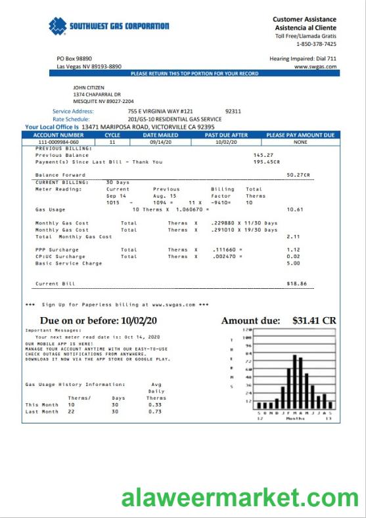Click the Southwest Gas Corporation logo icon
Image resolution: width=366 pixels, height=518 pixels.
pos(58,26)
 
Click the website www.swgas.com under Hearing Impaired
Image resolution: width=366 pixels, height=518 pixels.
pos(315,66)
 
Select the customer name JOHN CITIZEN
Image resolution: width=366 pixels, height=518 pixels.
pos(88,87)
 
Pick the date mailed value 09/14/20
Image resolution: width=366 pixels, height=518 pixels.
pos(160,142)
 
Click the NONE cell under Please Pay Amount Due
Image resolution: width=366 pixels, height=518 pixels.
pos(300,142)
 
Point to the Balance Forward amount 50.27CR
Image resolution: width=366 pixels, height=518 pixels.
pos(298,175)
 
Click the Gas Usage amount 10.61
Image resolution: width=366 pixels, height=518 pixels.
pos(294,209)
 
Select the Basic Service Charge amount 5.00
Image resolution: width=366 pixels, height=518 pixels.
pos(293,263)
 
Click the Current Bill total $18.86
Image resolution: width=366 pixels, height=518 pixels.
pos(296,284)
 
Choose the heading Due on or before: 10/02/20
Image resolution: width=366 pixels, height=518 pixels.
pos(99,320)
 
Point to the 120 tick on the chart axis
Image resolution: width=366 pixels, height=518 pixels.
pos(247,330)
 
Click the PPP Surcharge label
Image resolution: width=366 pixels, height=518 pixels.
pos(57,249)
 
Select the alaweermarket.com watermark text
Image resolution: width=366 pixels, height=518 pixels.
pos(239,499)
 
